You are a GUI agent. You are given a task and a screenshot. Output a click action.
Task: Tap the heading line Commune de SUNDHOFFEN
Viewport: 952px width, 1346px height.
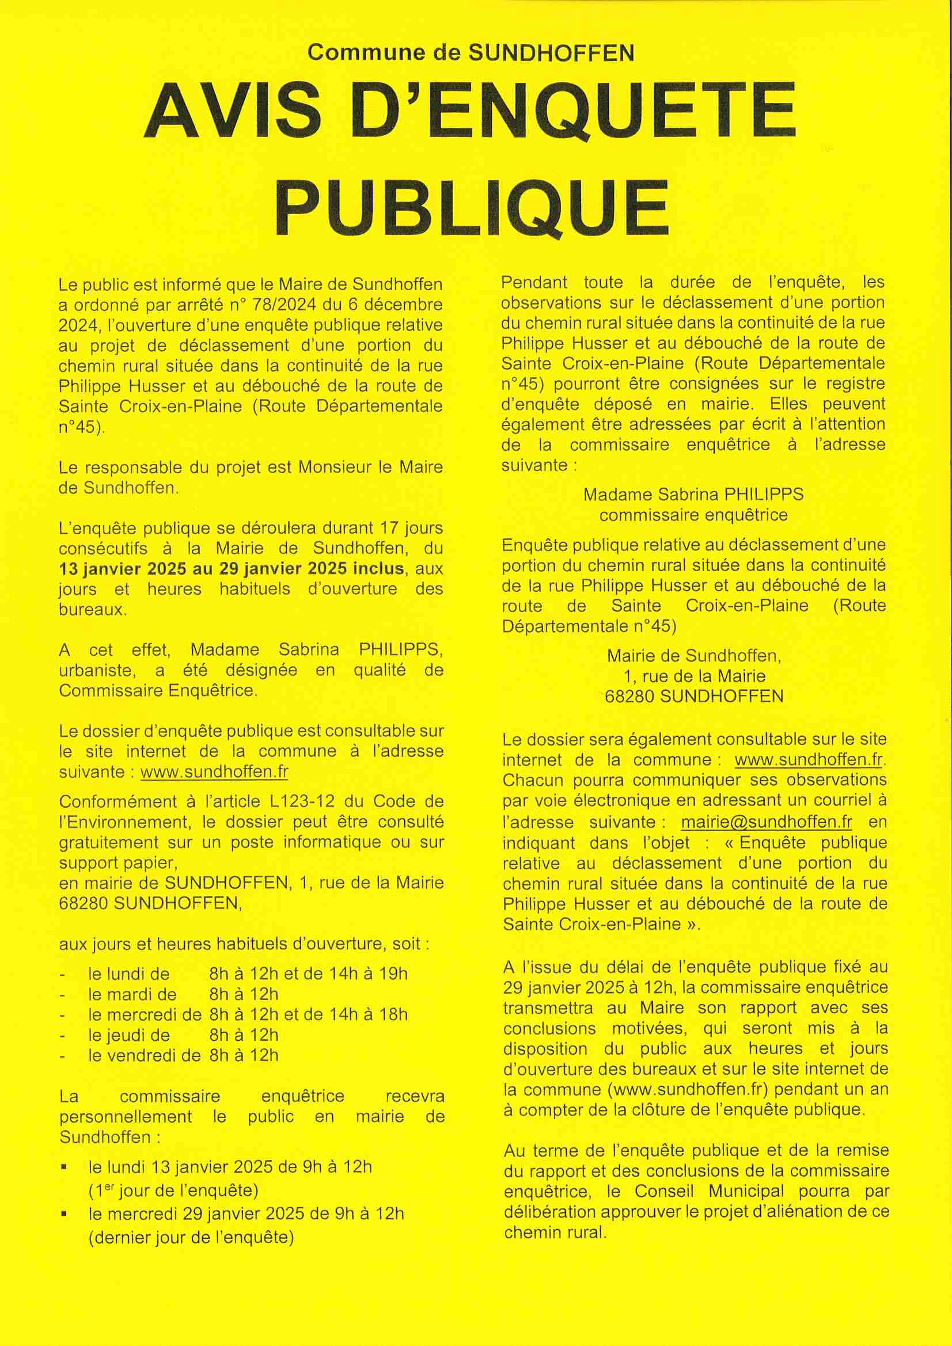pos(471,53)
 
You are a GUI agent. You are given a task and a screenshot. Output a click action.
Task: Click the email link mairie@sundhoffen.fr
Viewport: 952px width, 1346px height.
pos(766,822)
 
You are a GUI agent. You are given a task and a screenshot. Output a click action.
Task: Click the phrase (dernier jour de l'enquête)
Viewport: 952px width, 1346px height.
pos(191,1238)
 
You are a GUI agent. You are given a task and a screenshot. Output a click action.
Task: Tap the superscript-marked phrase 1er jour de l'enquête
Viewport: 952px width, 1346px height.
pos(173,1191)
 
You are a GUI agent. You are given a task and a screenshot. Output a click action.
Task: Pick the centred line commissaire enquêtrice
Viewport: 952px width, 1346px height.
pos(693,515)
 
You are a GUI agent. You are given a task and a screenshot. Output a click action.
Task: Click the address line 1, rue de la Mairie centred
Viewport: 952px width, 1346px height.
pos(694,676)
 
